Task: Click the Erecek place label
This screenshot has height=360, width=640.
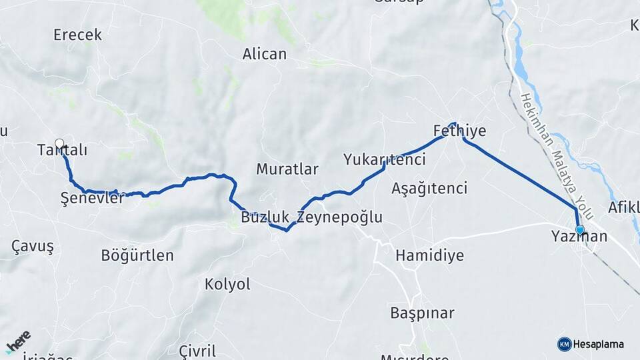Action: point(77,35)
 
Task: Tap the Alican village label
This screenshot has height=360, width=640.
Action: point(265,54)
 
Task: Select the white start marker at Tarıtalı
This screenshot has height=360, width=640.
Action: point(59,143)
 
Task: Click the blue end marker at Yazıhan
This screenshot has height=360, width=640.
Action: point(579,230)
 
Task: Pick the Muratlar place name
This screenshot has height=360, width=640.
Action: point(287,169)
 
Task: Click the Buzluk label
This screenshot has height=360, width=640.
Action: point(265,217)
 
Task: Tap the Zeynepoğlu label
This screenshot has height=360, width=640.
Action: point(339,217)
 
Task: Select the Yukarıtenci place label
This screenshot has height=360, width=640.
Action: point(385,159)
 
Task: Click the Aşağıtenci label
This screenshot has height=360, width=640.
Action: point(429,188)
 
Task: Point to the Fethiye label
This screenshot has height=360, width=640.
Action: point(459,130)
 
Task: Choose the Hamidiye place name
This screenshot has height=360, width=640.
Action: point(429,255)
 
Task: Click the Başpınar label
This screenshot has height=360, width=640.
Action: point(422,313)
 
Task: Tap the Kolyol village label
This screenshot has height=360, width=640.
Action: point(227,284)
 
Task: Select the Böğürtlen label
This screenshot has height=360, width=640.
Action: point(137,255)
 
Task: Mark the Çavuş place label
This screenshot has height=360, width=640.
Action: point(32,246)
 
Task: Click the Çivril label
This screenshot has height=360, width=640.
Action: point(197,351)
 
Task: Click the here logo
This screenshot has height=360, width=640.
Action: point(18,342)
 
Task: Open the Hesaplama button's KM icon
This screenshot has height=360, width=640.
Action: point(564,344)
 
